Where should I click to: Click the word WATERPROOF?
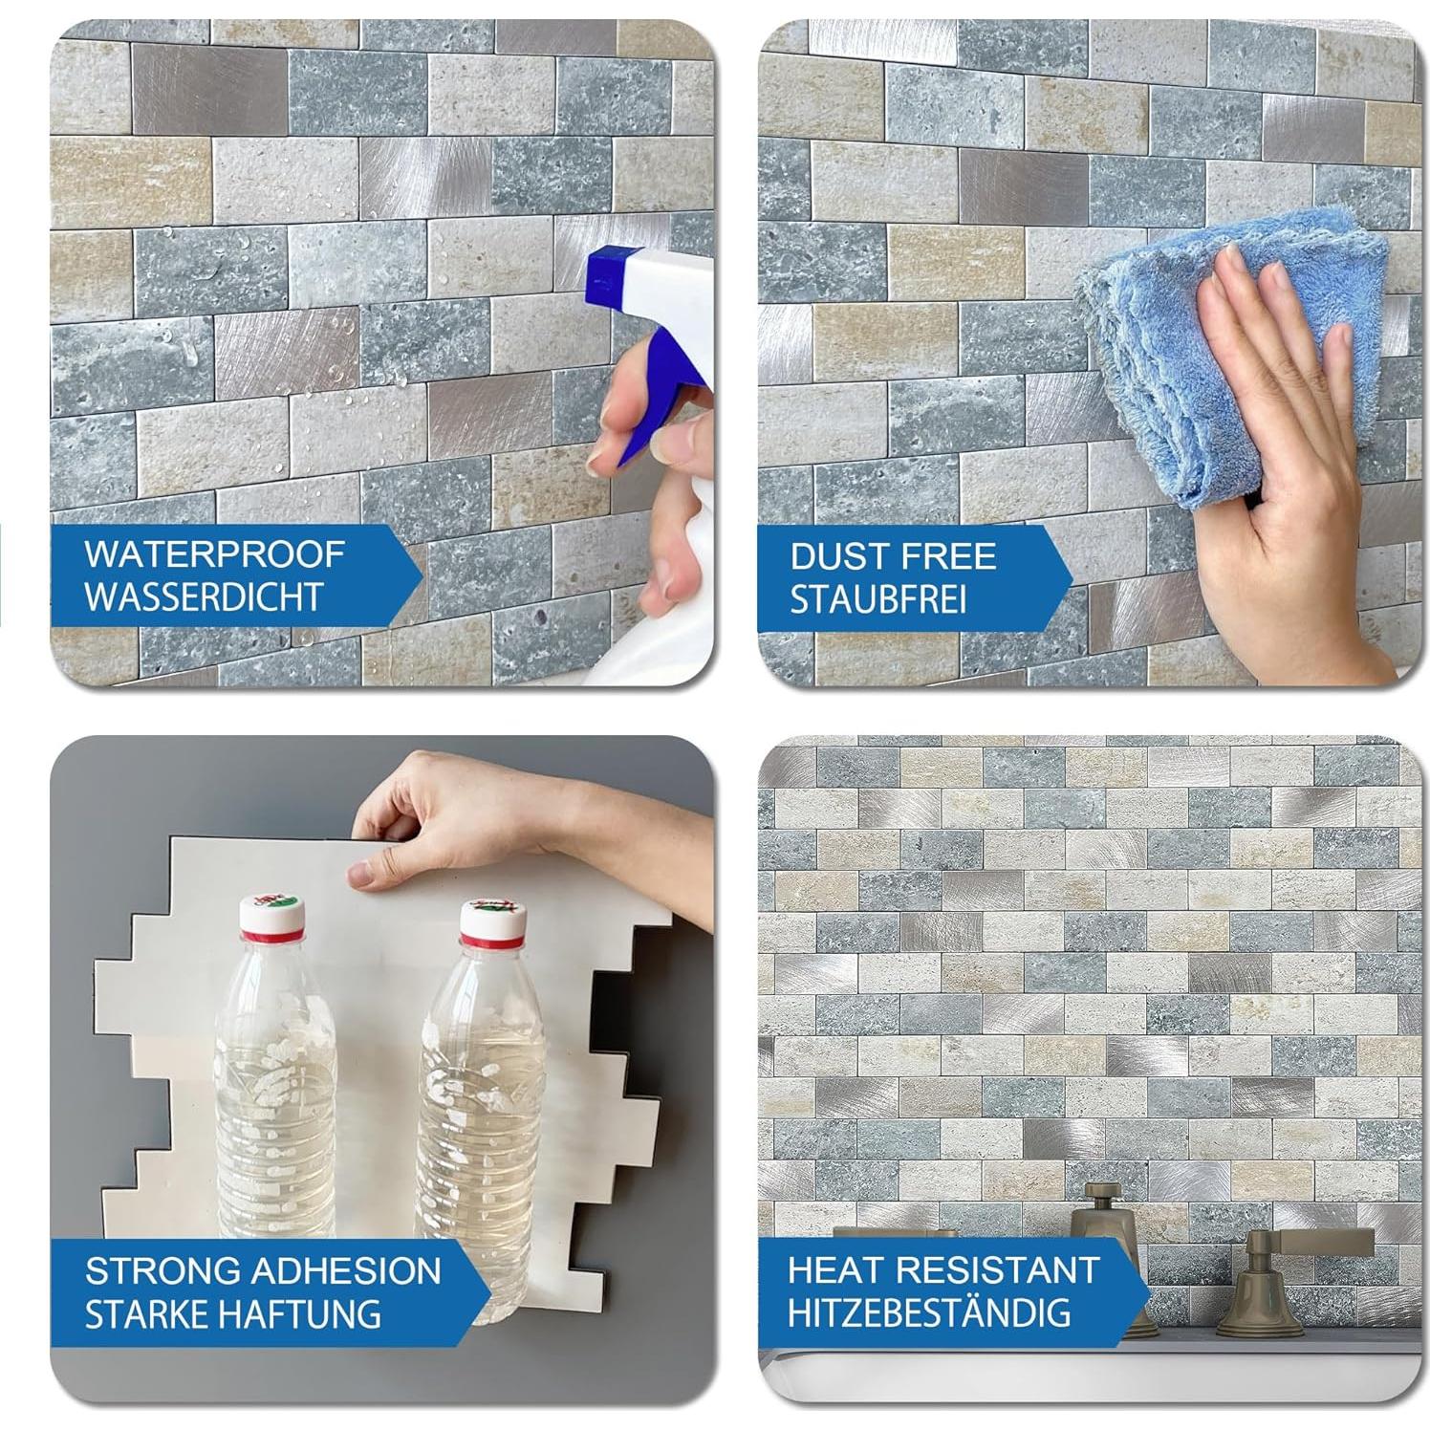coord(214,553)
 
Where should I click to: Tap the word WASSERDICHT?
coord(203,596)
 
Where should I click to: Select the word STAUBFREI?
coord(877,599)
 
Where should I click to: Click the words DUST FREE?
coord(893,556)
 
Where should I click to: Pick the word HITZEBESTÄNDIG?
coord(928,1312)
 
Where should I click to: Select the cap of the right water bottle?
coord(492,918)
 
